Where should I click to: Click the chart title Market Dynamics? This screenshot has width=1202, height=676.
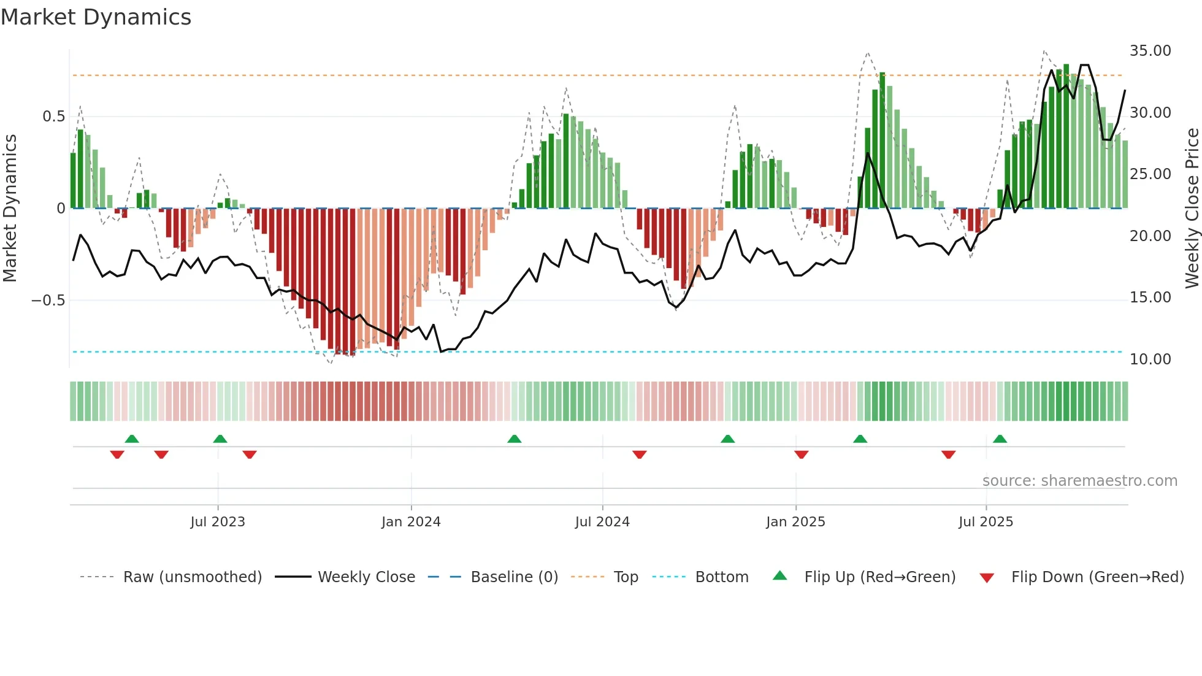[96, 17]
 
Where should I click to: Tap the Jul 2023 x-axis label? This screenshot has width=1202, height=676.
[217, 522]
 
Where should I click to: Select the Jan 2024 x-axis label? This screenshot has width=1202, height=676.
[411, 522]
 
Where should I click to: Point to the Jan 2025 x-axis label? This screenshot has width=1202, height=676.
[795, 522]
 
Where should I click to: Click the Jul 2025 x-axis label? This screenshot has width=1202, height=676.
[986, 522]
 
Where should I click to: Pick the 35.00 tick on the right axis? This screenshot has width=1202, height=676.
[1150, 51]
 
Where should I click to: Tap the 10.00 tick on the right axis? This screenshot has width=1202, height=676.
[1150, 359]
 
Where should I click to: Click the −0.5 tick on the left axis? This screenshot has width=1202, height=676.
[48, 301]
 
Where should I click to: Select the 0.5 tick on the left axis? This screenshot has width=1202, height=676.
[53, 117]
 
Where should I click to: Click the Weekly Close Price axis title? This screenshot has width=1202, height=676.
[1192, 209]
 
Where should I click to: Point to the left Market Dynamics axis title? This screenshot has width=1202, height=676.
[10, 209]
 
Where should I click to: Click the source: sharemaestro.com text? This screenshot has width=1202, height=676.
[1079, 481]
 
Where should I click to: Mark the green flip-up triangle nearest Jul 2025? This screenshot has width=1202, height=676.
[1000, 439]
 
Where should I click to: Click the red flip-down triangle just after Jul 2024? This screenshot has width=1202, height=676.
[639, 455]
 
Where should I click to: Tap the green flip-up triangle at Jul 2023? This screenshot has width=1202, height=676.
[220, 439]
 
